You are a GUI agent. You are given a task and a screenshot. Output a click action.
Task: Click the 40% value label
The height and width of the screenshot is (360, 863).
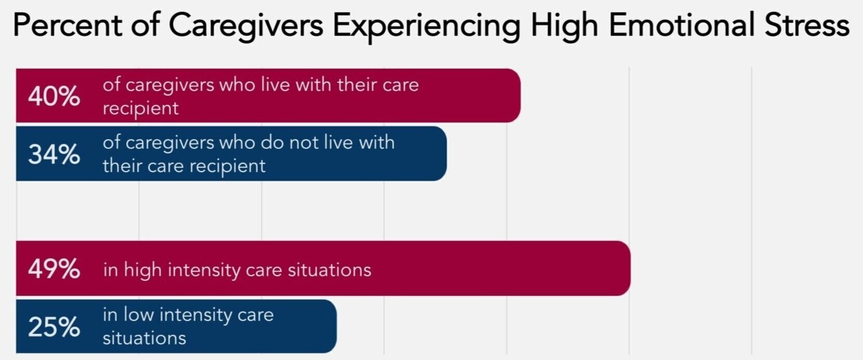pos(54,97)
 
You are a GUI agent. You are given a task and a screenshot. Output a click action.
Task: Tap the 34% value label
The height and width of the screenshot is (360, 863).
pos(54,155)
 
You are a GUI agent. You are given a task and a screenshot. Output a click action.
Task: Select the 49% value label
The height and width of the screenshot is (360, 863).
pos(54,269)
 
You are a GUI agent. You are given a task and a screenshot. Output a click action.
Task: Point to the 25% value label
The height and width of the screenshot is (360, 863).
pos(54,327)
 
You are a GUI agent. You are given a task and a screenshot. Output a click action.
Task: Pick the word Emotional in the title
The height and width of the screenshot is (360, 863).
pos(681,25)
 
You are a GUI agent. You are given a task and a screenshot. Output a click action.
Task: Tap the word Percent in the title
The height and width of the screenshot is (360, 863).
pos(67,25)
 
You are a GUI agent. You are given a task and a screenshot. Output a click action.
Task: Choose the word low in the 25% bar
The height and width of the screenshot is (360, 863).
pos(138,315)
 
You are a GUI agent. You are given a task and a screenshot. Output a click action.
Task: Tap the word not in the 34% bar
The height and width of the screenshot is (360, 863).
pos(304,143)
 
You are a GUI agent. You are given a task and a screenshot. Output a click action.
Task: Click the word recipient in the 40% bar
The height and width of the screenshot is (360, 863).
pos(140,108)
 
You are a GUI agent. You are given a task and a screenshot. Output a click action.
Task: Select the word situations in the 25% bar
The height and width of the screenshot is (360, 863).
pos(144,338)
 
